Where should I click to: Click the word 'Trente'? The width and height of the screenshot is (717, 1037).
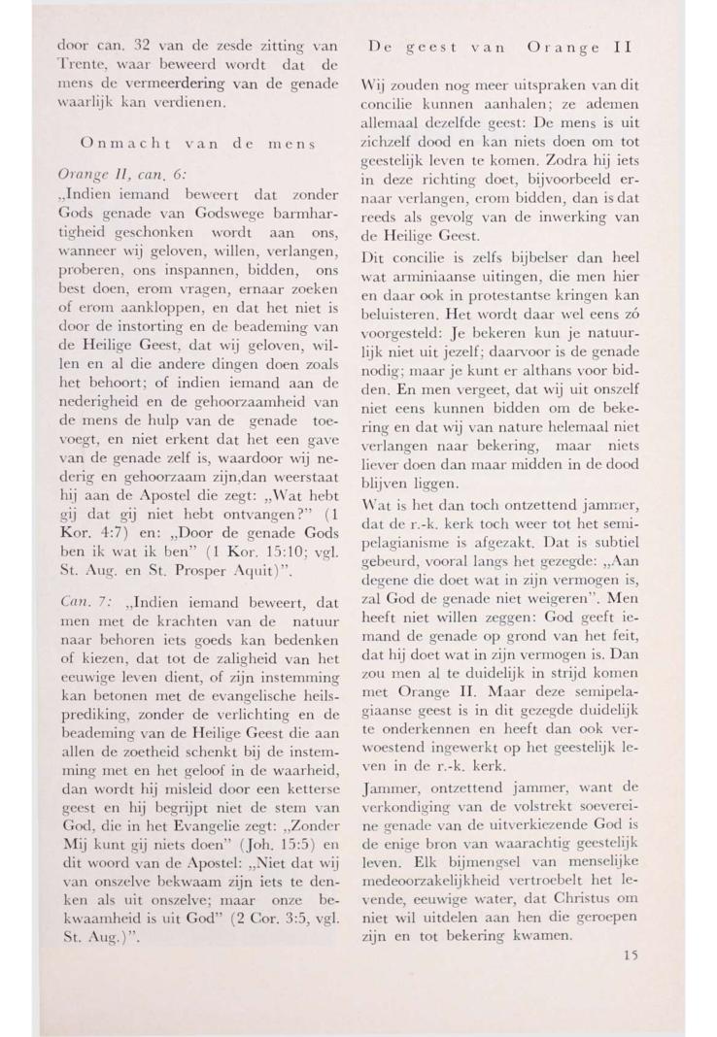[x=79, y=67]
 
